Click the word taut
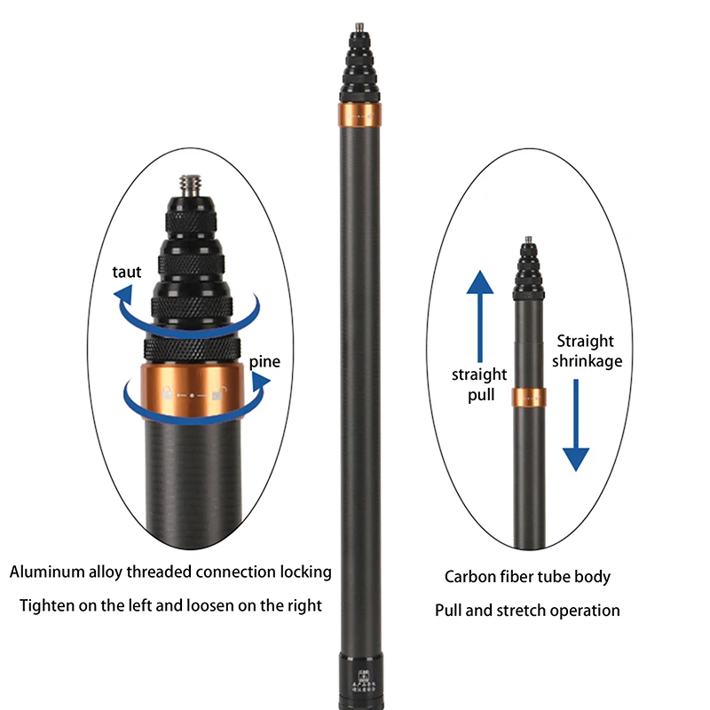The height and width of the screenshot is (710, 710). pyautogui.click(x=127, y=272)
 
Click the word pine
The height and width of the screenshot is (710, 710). pyautogui.click(x=264, y=361)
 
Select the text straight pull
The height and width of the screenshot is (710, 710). pyautogui.click(x=479, y=384)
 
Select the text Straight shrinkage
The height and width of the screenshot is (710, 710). pyautogui.click(x=587, y=351)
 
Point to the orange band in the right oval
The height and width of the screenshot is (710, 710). pyautogui.click(x=529, y=398)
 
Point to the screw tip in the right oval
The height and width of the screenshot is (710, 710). pyautogui.click(x=528, y=241)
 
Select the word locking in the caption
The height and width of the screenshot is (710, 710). pyautogui.click(x=304, y=572)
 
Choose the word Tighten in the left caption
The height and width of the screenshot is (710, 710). pyautogui.click(x=46, y=606)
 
